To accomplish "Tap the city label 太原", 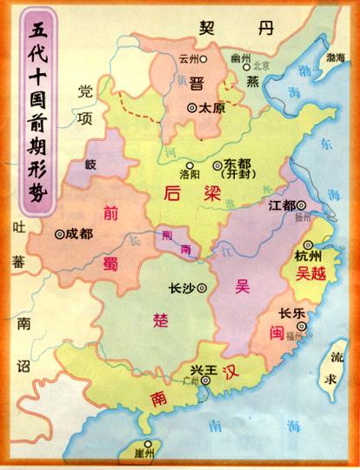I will click(213, 108).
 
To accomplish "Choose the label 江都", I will click(283, 205).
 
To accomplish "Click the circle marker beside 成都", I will click(60, 233).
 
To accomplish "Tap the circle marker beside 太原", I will click(191, 108).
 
